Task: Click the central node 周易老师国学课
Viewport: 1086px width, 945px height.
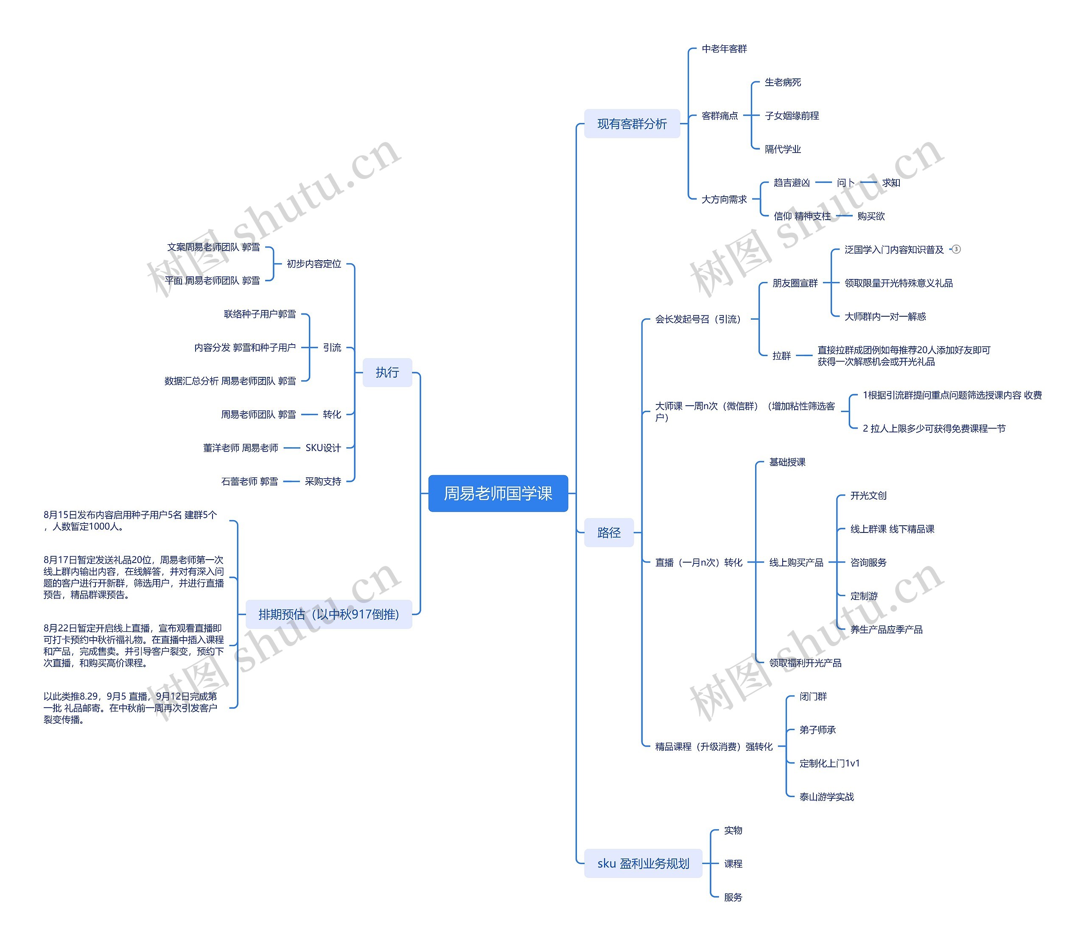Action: tap(498, 493)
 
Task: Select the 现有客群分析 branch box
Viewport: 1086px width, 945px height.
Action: tap(632, 124)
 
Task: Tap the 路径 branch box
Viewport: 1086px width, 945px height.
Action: tap(608, 532)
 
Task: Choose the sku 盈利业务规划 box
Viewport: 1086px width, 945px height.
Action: tap(643, 863)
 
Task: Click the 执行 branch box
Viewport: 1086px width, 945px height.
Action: tap(387, 372)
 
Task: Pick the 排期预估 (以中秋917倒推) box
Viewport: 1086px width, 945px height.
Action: tap(328, 614)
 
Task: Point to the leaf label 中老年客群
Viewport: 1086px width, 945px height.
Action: tap(724, 49)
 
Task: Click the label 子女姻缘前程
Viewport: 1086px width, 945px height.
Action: tap(792, 115)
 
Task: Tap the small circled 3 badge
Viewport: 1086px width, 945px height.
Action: tap(956, 249)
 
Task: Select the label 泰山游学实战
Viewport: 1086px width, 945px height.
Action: tap(826, 797)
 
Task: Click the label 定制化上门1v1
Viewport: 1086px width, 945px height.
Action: tap(829, 763)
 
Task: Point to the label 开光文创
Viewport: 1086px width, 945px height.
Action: tap(868, 496)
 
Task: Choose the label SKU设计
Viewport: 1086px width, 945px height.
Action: tap(323, 448)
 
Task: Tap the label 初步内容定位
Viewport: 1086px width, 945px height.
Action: tap(313, 264)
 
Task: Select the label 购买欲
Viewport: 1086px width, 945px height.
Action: tap(870, 216)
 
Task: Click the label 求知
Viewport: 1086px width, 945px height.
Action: tap(891, 182)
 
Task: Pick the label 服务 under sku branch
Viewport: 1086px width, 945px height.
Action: tap(733, 897)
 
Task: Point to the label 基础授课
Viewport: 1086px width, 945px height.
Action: tap(787, 462)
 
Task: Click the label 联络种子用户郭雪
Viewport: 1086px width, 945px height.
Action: tap(260, 314)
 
